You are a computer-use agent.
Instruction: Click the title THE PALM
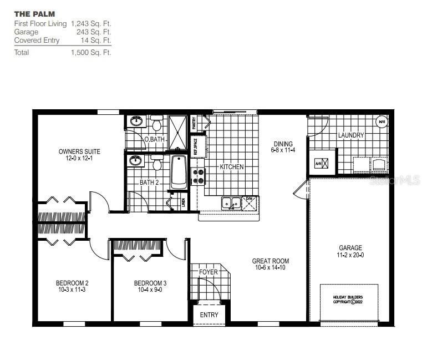[34, 13]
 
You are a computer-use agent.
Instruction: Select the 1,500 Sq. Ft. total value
[91, 53]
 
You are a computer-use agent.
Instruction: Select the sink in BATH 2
[135, 161]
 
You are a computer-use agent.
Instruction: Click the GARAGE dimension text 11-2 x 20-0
[350, 255]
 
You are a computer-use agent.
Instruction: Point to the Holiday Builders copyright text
[348, 300]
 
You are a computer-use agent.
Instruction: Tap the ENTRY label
[209, 315]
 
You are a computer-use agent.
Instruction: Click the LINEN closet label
[183, 201]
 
